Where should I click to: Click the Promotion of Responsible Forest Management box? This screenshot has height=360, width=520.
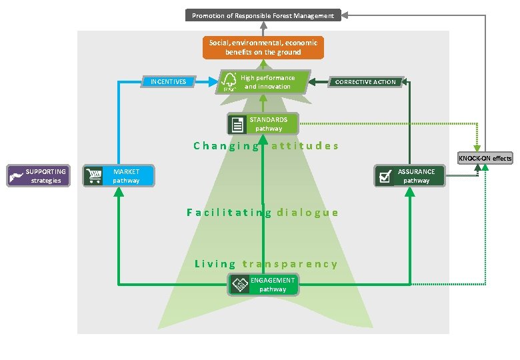click(263, 15)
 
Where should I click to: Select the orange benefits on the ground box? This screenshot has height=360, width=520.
click(263, 47)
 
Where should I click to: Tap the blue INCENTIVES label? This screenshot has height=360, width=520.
click(168, 82)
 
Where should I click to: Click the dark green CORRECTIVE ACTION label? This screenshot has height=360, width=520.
click(365, 82)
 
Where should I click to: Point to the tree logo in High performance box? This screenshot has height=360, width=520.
click(229, 82)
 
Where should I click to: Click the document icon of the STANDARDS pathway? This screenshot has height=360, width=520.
click(237, 124)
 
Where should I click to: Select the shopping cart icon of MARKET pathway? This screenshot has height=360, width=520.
click(93, 176)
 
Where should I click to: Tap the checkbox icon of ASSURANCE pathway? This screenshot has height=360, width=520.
click(385, 176)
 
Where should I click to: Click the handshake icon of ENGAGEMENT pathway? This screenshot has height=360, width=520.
click(239, 285)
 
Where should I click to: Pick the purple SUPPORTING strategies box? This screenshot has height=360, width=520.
click(38, 176)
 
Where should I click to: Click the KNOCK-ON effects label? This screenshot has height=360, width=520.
click(485, 159)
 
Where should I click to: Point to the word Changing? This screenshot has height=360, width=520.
click(226, 146)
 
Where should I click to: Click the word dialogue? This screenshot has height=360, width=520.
click(307, 213)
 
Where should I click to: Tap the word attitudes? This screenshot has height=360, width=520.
click(305, 146)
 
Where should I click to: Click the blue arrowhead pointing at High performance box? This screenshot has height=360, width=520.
click(214, 82)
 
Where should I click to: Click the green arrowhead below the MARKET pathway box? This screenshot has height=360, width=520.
click(119, 191)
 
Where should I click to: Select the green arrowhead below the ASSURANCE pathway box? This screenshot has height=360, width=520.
click(409, 191)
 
